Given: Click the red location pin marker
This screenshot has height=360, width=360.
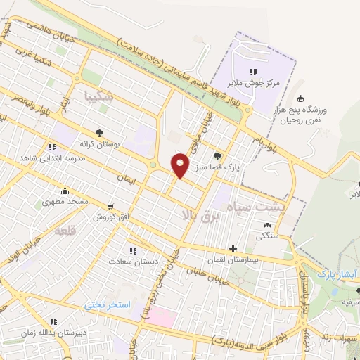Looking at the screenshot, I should [181, 165].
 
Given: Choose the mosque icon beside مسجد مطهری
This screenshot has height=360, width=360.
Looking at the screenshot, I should [65, 191].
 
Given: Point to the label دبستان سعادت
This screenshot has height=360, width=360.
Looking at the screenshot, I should [127, 261].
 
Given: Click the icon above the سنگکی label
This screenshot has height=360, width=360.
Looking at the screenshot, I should [266, 225].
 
